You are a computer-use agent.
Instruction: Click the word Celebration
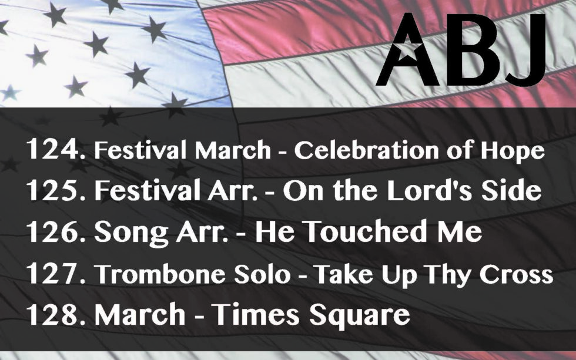(x=366, y=150)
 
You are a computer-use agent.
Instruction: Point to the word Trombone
(x=160, y=274)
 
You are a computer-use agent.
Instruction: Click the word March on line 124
(x=233, y=150)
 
